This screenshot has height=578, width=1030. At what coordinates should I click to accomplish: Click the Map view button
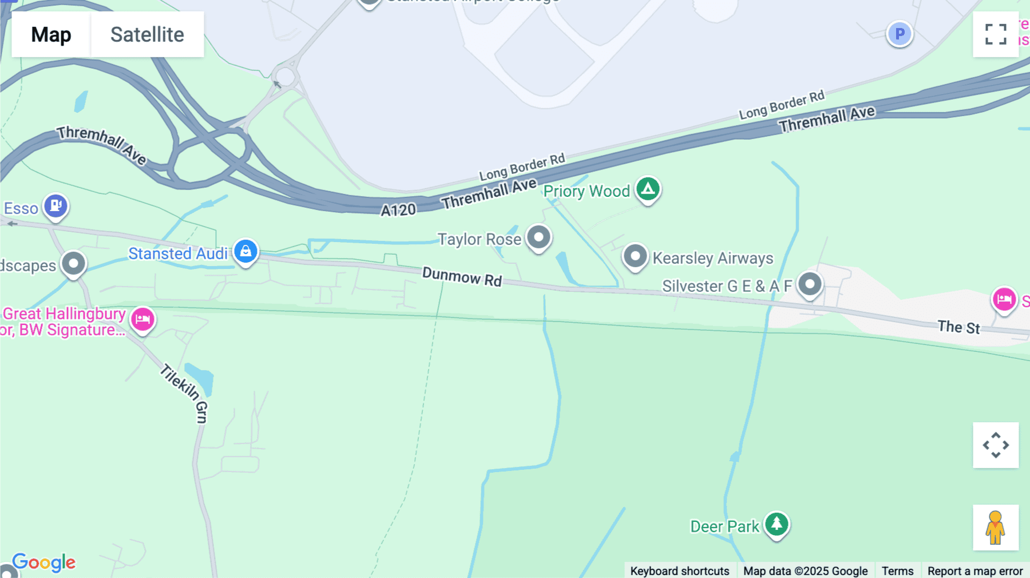51,34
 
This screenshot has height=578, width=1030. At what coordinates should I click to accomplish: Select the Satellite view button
147,34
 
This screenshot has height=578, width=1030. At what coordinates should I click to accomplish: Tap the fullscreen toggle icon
996,34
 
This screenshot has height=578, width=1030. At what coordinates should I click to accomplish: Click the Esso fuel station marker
56,205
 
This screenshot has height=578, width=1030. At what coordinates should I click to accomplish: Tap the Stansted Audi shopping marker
245,251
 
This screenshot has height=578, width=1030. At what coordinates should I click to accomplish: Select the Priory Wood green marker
648,188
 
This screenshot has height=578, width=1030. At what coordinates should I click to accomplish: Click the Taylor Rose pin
538,237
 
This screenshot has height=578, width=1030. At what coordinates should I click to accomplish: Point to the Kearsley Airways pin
635,256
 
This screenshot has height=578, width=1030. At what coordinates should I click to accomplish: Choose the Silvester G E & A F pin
810,284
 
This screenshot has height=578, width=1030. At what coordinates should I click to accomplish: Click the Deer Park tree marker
777,524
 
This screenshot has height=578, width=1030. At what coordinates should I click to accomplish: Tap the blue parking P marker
900,34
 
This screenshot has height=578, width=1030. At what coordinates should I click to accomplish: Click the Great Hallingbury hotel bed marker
142,319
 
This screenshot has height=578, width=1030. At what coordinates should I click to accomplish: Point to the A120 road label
398,210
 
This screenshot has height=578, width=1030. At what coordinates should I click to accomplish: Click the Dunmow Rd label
462,277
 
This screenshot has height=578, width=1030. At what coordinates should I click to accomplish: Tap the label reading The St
958,327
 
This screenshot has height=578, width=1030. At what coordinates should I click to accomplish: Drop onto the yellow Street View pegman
996,528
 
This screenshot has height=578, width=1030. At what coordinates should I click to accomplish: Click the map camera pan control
996,445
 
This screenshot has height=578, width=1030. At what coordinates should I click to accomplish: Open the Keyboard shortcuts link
679,571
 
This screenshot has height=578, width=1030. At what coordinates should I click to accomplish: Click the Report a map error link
975,571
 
